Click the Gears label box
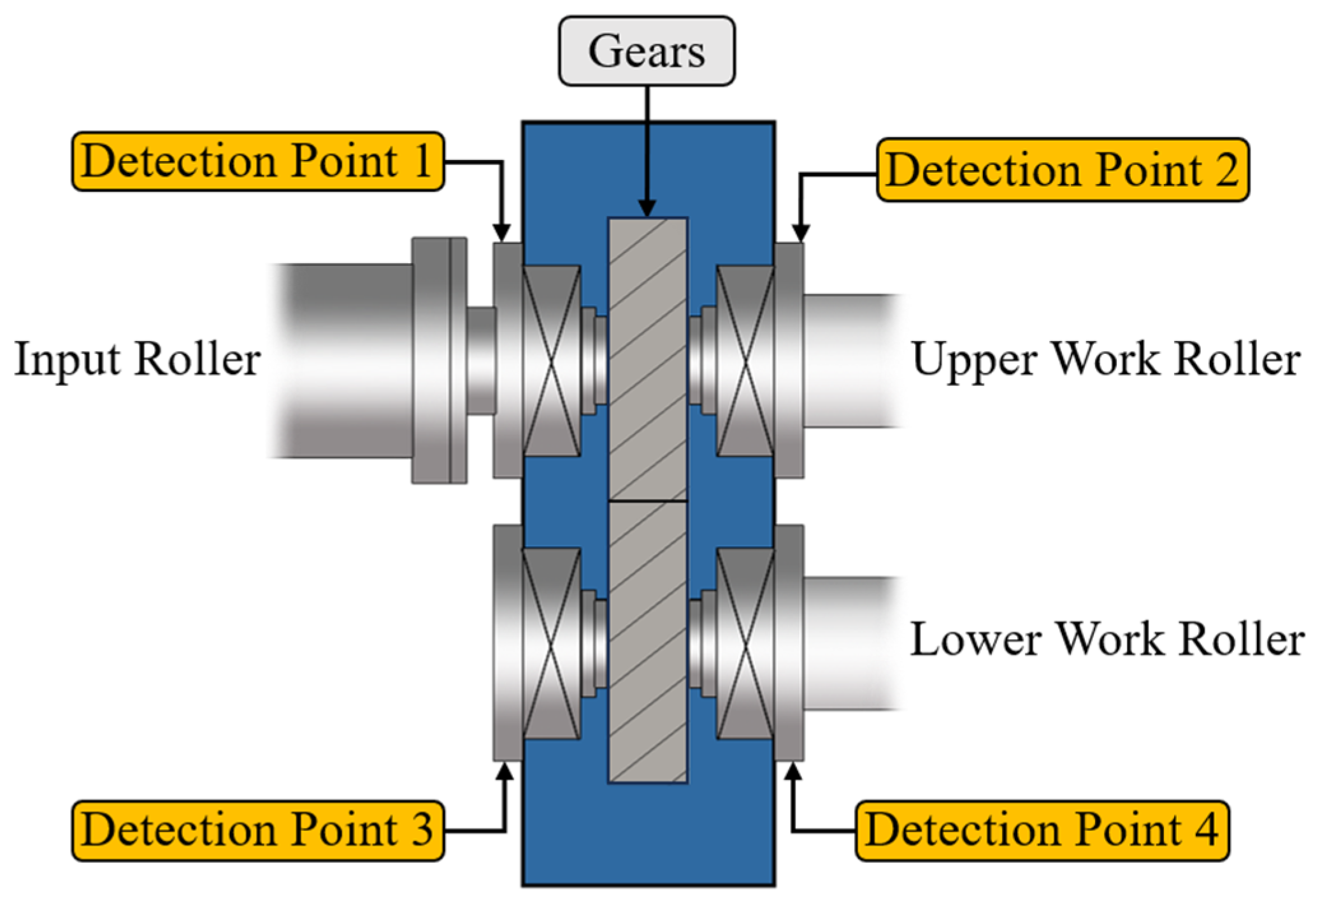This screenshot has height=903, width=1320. click(647, 51)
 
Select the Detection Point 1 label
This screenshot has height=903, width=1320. click(257, 161)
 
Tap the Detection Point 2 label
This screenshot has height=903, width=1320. click(1062, 170)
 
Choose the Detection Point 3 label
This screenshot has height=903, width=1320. click(257, 830)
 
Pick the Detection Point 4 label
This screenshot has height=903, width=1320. click(1042, 830)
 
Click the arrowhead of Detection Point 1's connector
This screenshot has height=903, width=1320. click(502, 233)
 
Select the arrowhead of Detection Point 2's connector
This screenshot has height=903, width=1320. click(800, 233)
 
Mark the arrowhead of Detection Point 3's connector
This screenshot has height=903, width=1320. click(505, 772)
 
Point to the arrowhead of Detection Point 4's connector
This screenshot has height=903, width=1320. click(793, 772)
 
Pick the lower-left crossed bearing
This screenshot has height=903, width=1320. click(551, 644)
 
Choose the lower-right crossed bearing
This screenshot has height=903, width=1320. click(745, 644)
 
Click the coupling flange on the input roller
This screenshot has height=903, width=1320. click(439, 360)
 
